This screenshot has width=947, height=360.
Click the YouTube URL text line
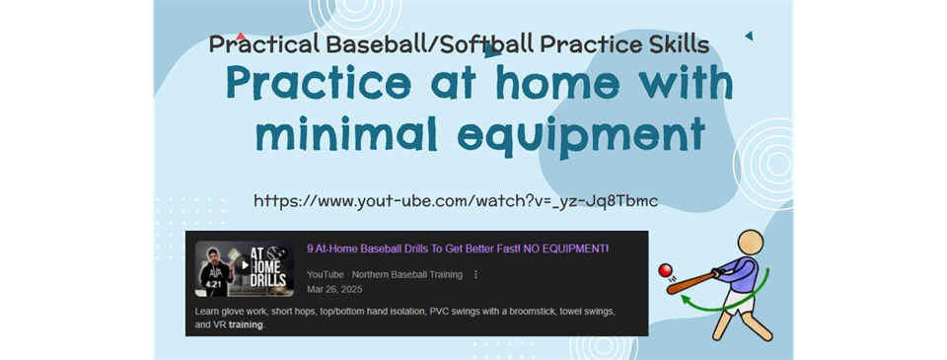[x=455, y=201]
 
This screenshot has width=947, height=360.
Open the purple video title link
[x=458, y=249]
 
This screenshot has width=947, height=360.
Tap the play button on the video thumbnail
[x=245, y=265]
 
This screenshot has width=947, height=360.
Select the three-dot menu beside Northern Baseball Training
[x=476, y=274]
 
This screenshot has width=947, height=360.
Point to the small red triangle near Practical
[x=242, y=36]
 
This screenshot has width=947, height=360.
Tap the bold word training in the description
[x=246, y=324]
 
